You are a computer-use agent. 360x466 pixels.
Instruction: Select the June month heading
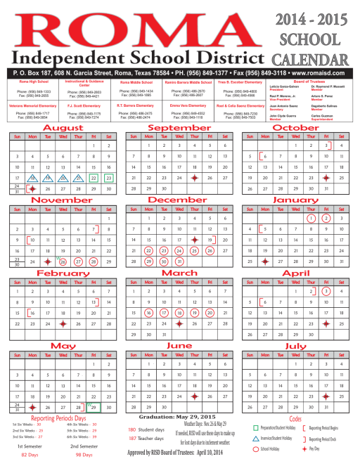[180, 346]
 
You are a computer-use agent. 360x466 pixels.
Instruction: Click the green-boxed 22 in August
[93, 179]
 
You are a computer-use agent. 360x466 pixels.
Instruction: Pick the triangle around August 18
[31, 179]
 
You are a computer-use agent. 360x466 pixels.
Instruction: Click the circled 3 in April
[326, 291]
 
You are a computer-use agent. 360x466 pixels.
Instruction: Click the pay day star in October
[326, 179]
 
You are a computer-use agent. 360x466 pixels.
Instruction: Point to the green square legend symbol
[256, 427]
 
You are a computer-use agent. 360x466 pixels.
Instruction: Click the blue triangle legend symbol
[256, 437]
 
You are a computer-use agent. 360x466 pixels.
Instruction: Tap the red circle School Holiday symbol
[256, 448]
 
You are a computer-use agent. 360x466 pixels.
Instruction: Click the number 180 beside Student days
[132, 429]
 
